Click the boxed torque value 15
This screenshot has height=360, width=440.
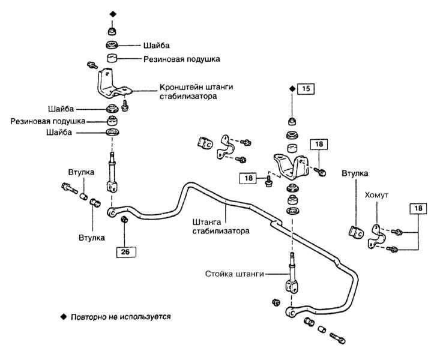coord(306,89)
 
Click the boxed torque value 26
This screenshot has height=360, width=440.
coord(126,252)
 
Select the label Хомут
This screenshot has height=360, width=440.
coord(376,195)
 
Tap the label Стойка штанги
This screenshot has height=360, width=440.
coord(235,274)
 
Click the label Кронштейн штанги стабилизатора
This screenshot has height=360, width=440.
coord(196,91)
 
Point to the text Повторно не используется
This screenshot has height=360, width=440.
coord(121,317)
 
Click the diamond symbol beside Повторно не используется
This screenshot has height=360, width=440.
coord(64,317)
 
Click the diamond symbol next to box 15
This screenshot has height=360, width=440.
coord(292,89)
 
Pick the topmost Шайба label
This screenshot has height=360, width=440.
coord(157,46)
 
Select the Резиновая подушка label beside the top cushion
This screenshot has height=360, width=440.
coord(181,59)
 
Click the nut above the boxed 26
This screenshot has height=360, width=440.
coord(124,219)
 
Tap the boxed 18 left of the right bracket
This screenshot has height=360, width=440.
coord(248,178)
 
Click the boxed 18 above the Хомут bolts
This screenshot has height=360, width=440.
coord(418,208)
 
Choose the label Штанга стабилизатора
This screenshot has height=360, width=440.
coord(221,226)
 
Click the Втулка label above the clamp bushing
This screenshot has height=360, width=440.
coord(355,173)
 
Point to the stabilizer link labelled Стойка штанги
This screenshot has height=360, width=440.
coord(292,274)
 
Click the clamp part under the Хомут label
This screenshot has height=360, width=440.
coord(376,236)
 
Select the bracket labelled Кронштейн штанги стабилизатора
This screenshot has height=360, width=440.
coord(113,84)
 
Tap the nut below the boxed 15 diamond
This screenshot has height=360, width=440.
coord(293,121)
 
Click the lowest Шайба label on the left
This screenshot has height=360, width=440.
coord(59,133)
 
